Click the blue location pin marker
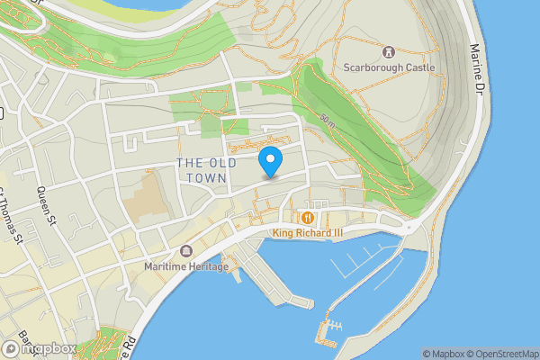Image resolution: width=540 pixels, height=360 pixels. point(271,161)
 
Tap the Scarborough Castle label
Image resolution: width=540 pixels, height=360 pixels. point(389,67)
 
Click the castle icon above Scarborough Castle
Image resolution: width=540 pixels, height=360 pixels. point(389,52)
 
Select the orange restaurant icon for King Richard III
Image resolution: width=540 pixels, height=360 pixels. point(309,218)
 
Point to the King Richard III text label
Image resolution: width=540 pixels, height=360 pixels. point(310,233)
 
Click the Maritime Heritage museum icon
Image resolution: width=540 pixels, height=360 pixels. point(186,251)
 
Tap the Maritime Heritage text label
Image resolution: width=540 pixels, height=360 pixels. point(186,266)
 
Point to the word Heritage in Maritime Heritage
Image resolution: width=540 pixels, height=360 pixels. point(209,266)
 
